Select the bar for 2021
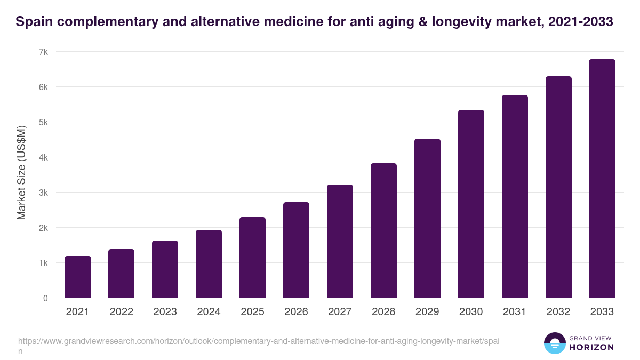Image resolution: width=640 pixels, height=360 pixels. click(78, 277)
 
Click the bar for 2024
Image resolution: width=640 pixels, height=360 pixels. click(209, 264)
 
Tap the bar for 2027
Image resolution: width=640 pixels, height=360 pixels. click(340, 241)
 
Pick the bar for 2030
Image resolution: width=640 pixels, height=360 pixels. click(471, 204)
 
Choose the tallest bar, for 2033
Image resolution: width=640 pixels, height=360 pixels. click(602, 179)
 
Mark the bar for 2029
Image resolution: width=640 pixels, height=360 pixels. click(427, 218)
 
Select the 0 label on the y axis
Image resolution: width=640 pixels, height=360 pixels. click(45, 298)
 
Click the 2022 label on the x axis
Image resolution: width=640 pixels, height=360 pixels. click(122, 312)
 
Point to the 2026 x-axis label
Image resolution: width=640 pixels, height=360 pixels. click(296, 312)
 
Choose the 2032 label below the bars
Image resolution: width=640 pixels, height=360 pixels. click(558, 312)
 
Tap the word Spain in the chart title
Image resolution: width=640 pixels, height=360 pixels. click(35, 22)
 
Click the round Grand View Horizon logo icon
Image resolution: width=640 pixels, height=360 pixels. click(555, 343)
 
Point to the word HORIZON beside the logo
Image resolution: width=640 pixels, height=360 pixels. click(591, 347)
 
